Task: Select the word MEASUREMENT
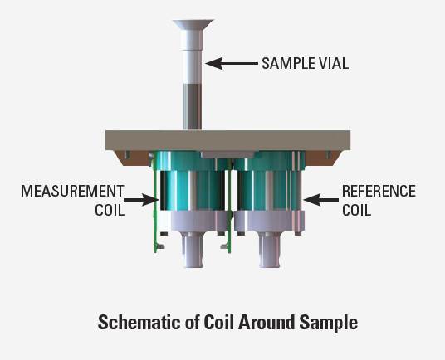tap(73, 191)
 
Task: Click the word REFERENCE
tap(379, 191)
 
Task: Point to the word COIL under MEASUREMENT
tap(110, 210)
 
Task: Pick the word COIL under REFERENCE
tap(357, 210)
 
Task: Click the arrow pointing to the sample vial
tap(232, 64)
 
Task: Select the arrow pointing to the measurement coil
tap(141, 200)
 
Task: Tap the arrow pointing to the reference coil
tap(321, 200)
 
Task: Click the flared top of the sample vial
tap(193, 24)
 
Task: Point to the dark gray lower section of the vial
tap(193, 107)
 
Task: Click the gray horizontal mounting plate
tap(227, 140)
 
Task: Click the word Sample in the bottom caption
tap(329, 324)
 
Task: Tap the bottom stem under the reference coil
tap(270, 250)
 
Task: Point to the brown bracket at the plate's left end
tap(132, 158)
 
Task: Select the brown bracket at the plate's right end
tap(324, 158)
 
